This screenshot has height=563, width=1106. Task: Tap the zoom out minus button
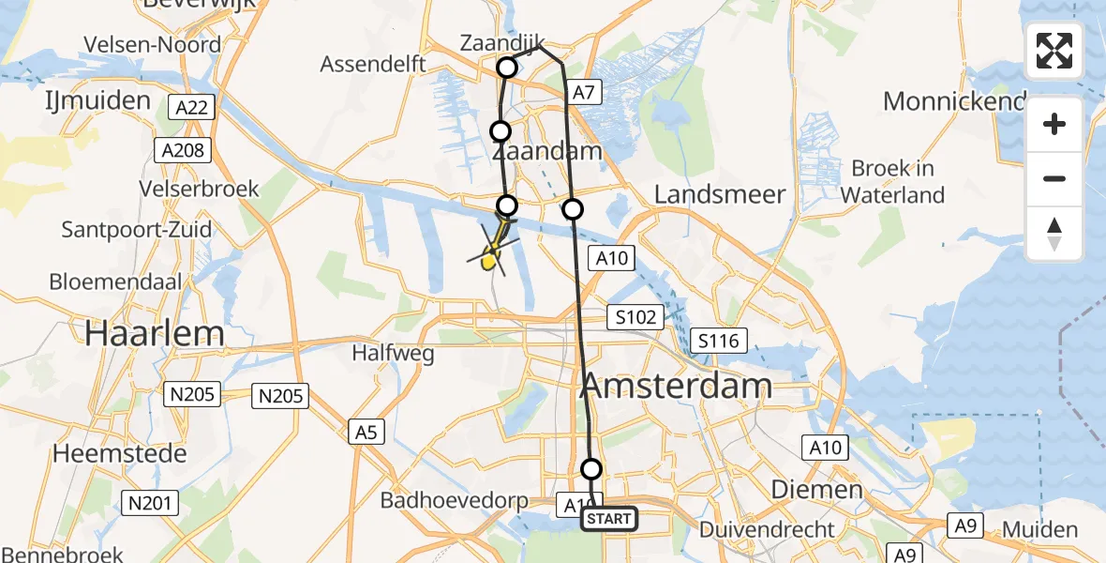(x=1054, y=178)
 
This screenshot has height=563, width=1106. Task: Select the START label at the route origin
(x=610, y=519)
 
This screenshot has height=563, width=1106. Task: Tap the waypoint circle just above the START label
(x=591, y=469)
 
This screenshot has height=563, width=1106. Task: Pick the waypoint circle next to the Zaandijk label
(x=507, y=68)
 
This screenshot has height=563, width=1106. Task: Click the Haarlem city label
(x=155, y=333)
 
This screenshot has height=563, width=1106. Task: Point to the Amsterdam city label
(x=678, y=385)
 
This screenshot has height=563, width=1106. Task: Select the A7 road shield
(x=584, y=92)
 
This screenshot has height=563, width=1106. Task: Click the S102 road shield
(x=636, y=317)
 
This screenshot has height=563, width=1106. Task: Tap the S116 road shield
(x=718, y=341)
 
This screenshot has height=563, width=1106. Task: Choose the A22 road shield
(x=192, y=108)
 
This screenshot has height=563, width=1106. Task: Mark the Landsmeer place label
(x=719, y=194)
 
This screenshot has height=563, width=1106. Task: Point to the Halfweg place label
(x=393, y=353)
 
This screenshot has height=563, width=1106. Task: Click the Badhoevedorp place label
(x=454, y=501)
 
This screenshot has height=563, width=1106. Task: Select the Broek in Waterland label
(x=892, y=182)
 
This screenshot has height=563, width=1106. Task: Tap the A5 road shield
(x=366, y=432)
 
